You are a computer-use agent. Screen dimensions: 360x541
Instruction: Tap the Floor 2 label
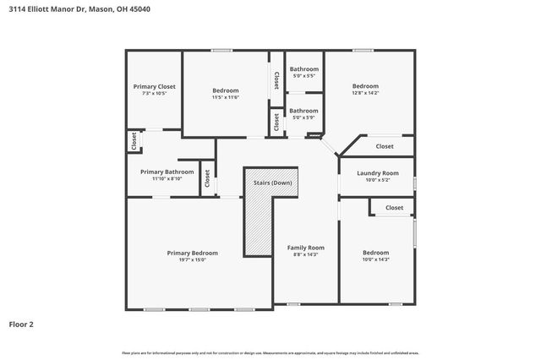(22, 324)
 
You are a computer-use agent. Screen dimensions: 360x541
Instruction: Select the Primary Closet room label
(155, 86)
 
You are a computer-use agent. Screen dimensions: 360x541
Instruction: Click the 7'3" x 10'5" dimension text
(155, 93)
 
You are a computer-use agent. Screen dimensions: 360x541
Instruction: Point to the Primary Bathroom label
(167, 172)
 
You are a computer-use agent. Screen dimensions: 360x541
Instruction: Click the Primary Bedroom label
(193, 253)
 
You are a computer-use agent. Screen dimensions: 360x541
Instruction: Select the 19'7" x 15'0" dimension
(193, 259)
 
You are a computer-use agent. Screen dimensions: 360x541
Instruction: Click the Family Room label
(303, 248)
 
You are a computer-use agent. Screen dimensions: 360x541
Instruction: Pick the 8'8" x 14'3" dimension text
(303, 254)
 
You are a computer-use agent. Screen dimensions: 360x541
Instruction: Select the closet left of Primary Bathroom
(134, 141)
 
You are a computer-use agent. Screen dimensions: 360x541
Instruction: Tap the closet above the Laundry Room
(385, 146)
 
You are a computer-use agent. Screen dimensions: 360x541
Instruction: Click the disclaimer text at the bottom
(270, 352)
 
